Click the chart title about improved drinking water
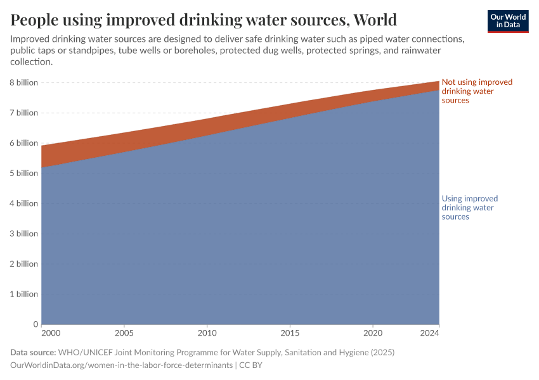[x=204, y=20]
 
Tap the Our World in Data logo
[x=507, y=21]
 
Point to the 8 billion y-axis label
[x=23, y=83]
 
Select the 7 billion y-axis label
[x=23, y=113]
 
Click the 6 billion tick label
[x=23, y=143]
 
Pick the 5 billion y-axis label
[x=23, y=174]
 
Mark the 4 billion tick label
[x=23, y=203]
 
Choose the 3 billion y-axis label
[x=23, y=234]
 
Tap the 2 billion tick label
[x=23, y=264]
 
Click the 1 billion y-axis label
[x=23, y=294]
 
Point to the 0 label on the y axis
[x=36, y=324]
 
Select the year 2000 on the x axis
[x=51, y=332]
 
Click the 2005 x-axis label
[x=124, y=332]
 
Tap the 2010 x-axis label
[x=207, y=332]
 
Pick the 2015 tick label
[x=290, y=332]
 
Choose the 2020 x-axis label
[x=373, y=332]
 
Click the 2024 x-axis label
[x=429, y=332]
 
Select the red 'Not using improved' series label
[x=476, y=91]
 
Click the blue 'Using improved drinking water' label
[x=469, y=208]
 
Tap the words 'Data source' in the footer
[x=33, y=352]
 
